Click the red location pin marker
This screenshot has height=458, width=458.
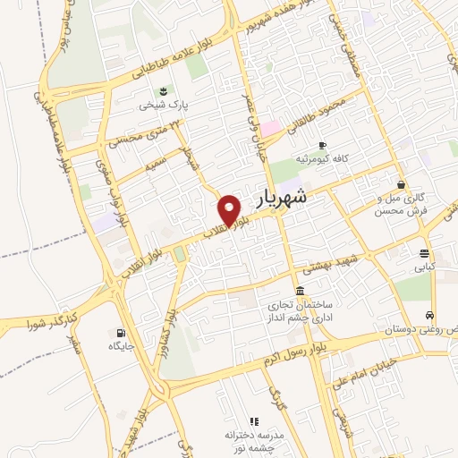point(231,210)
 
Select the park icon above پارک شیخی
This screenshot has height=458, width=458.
point(163,90)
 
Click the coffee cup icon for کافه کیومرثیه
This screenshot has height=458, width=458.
point(322,144)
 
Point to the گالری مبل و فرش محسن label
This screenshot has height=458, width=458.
point(401,203)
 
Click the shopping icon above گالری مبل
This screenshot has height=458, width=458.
point(401,184)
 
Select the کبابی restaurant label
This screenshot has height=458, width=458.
point(423,267)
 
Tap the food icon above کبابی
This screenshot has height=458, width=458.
point(423,252)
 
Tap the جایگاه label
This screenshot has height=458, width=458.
point(121,345)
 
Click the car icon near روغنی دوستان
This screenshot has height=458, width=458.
point(431,316)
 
